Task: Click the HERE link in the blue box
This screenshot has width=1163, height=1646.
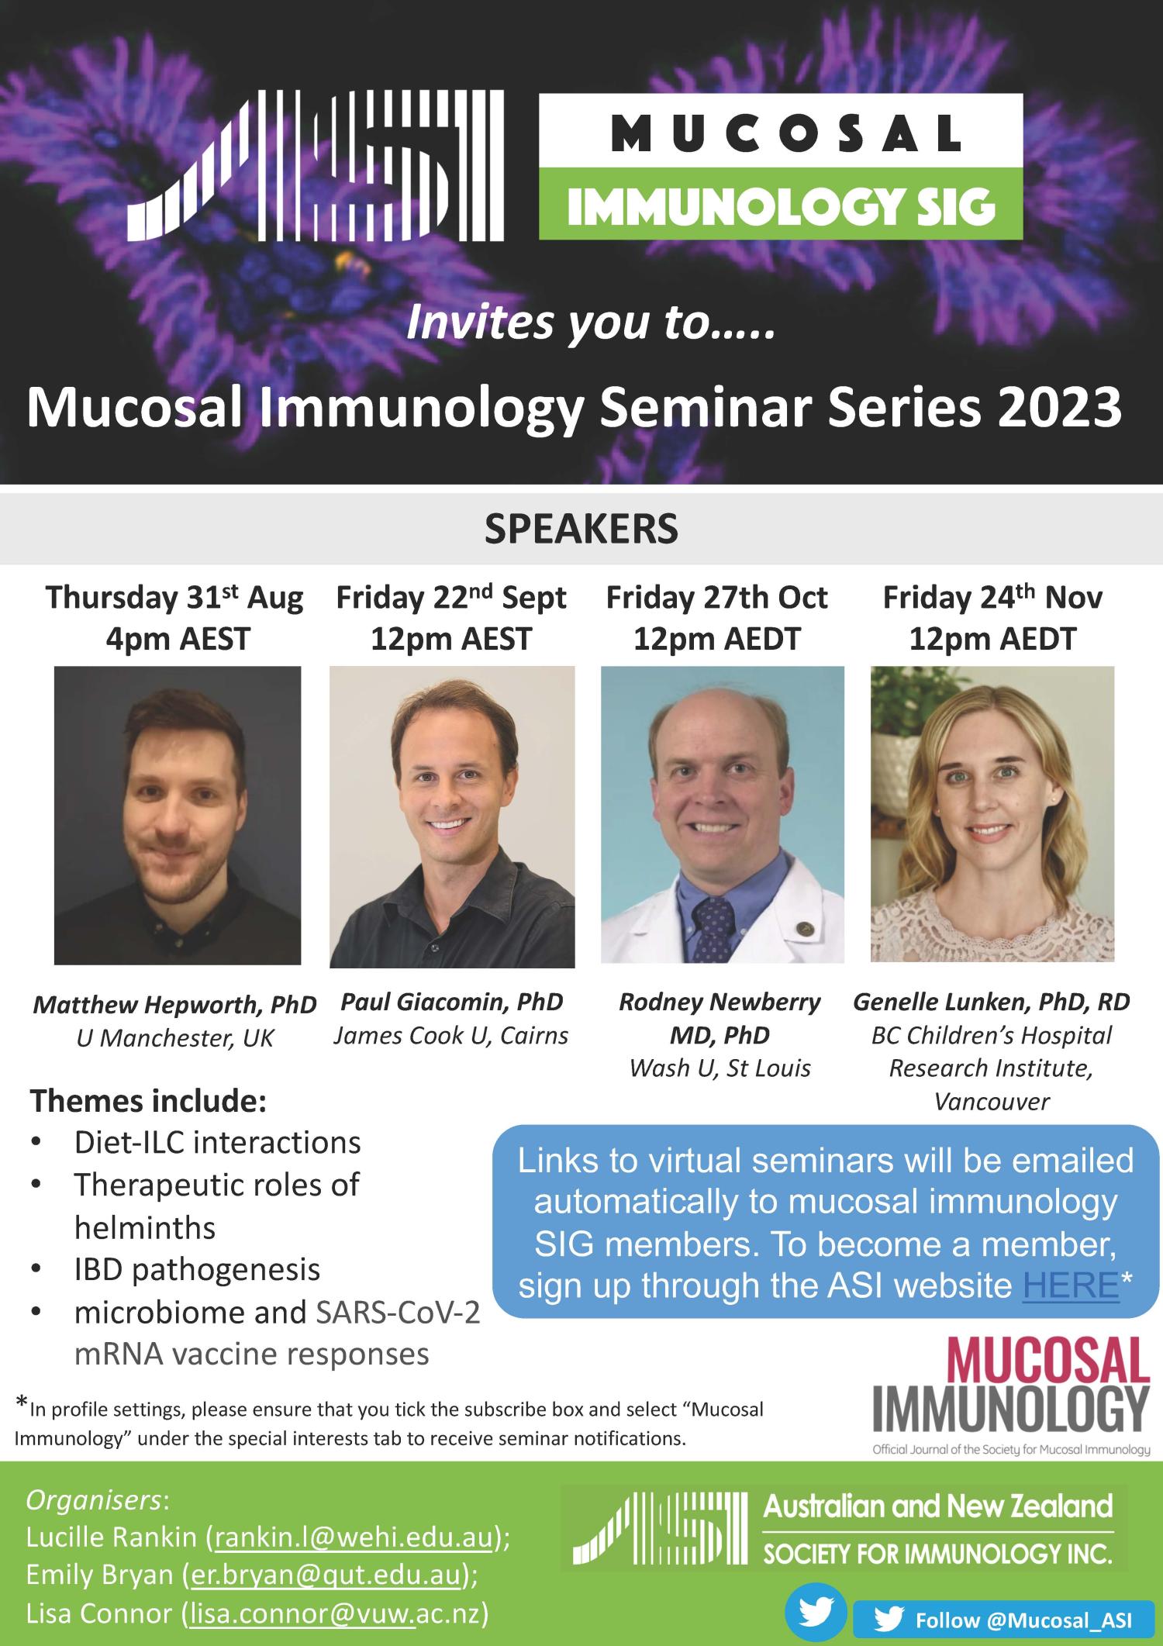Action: click(x=1071, y=1285)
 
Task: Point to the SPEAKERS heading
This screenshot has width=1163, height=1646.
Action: click(x=581, y=529)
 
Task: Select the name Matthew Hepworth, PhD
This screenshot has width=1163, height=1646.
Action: click(x=174, y=1006)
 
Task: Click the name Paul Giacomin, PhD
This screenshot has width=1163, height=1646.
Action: click(x=452, y=1002)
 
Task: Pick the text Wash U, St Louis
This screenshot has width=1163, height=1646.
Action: click(x=720, y=1068)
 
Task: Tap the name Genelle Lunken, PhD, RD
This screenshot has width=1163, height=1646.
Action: click(x=992, y=1002)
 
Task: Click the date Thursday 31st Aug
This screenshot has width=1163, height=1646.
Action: click(x=174, y=599)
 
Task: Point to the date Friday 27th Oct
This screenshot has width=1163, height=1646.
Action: click(x=717, y=598)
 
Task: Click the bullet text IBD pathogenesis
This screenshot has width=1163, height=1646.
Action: click(x=197, y=1270)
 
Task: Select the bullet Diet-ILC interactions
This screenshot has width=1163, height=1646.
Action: click(x=218, y=1143)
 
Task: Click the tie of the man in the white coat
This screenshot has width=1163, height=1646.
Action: click(x=713, y=926)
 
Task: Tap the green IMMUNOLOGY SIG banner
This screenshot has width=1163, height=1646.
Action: click(x=781, y=204)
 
